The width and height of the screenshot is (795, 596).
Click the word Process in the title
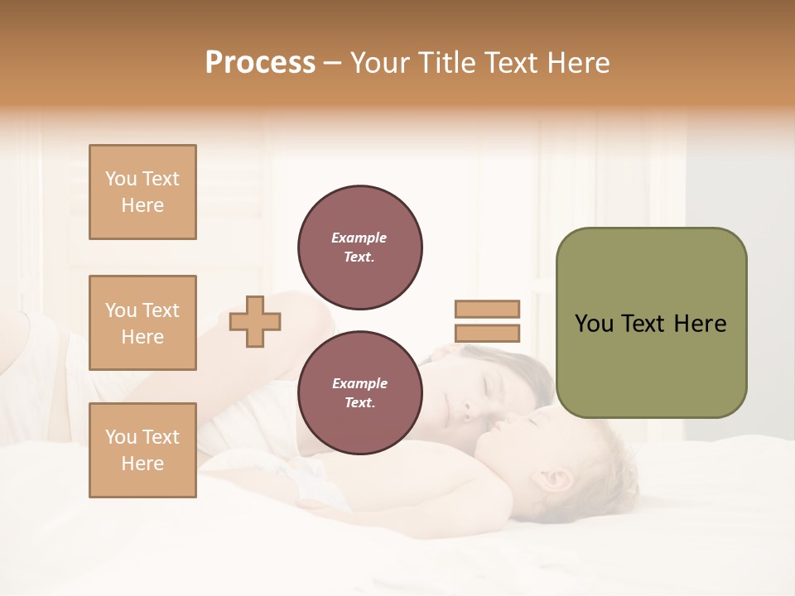pyautogui.click(x=260, y=63)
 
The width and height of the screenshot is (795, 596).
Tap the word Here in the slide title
pyautogui.click(x=577, y=63)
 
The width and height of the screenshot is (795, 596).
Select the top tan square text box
pyautogui.click(x=142, y=192)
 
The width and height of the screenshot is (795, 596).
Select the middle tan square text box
pyautogui.click(x=142, y=323)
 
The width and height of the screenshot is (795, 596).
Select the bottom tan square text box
pyautogui.click(x=142, y=450)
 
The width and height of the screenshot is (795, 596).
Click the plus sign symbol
pyautogui.click(x=255, y=321)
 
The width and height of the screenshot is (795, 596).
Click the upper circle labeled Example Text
pyautogui.click(x=360, y=248)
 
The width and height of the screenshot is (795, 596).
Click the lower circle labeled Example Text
pyautogui.click(x=360, y=393)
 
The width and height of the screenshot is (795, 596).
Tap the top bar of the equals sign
pyautogui.click(x=487, y=309)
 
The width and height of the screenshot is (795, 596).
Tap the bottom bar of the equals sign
pyautogui.click(x=487, y=334)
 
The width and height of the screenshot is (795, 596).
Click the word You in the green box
pyautogui.click(x=594, y=324)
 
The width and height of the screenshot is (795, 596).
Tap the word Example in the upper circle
pyautogui.click(x=359, y=238)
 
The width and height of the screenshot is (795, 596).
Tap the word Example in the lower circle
pyautogui.click(x=359, y=383)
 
